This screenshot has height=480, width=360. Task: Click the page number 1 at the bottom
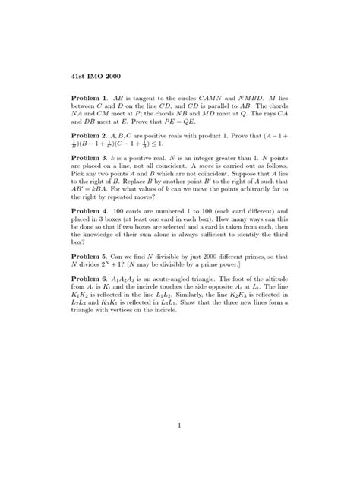[x=180, y=426]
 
